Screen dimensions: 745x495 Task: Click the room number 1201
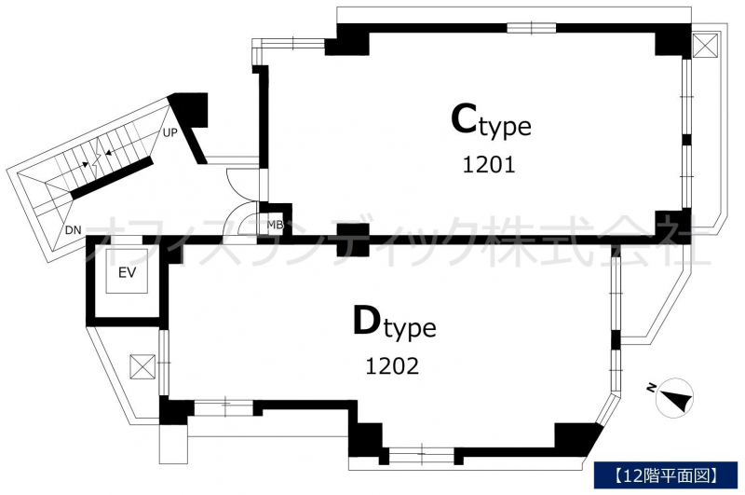tap(489, 165)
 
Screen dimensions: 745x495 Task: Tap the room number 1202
tap(392, 366)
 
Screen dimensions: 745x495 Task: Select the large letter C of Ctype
tap(464, 119)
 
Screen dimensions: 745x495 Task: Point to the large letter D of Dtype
tap(368, 321)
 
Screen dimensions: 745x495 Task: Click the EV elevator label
tap(127, 272)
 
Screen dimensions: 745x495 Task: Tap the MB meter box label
tap(275, 225)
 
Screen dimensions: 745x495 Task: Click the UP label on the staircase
tap(169, 133)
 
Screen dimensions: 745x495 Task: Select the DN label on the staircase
tap(74, 230)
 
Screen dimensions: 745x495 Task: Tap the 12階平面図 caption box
tap(666, 474)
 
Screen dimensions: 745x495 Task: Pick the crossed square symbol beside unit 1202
tap(143, 367)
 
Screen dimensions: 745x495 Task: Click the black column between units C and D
tap(353, 240)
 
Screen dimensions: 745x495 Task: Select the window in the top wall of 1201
tap(532, 28)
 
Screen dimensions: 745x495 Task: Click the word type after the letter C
tap(505, 127)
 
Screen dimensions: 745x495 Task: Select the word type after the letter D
tap(410, 328)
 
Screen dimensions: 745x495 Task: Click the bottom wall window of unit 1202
tap(422, 456)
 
